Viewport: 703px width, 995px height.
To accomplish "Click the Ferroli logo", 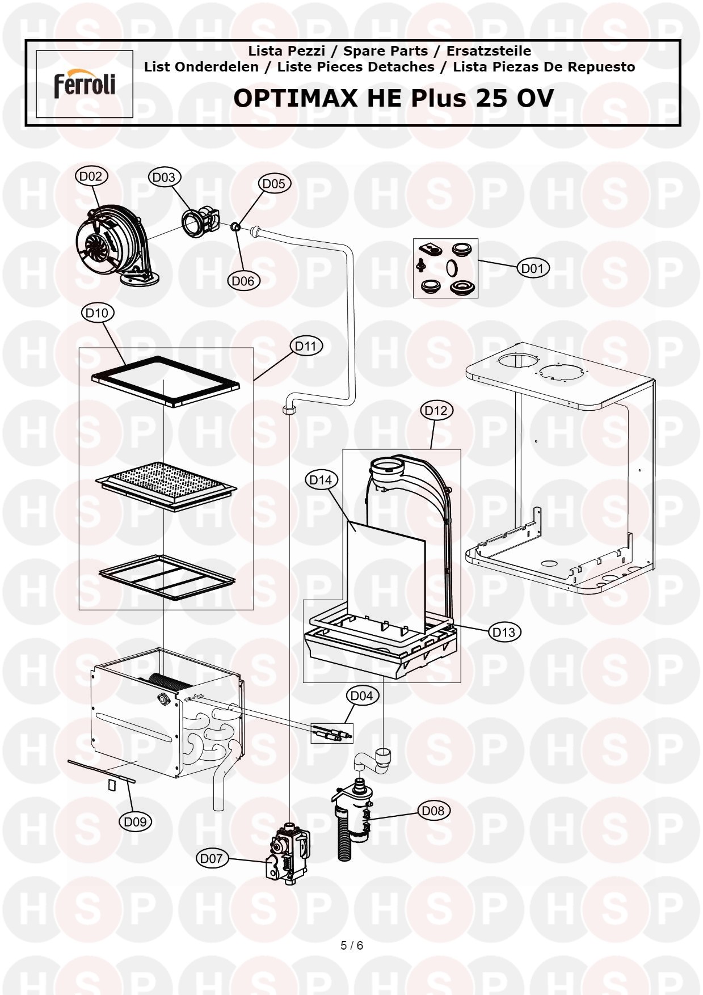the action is coord(85,85).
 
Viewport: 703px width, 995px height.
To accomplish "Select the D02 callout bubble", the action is coord(91,176).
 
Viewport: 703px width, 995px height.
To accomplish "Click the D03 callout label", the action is coord(164,178).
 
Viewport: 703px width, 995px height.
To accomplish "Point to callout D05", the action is coord(275,184).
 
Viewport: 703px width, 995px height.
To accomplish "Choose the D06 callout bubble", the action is coord(243,281).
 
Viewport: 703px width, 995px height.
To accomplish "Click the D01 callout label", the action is coord(533,268).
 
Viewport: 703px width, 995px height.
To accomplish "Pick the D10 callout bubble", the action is coord(98,313).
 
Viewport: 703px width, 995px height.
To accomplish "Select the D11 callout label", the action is coord(306,345).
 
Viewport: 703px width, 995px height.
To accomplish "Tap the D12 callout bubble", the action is coord(436,410).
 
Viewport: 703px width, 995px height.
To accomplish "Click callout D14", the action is coord(321,480).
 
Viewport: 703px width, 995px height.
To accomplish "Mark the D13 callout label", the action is coord(504,632).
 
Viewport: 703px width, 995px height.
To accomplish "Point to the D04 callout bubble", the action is coord(362,695).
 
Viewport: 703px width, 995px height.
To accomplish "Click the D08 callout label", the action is coord(433,811).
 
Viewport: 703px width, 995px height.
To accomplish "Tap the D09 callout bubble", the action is coord(136,821).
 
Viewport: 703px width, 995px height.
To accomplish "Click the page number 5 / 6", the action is coord(352,946).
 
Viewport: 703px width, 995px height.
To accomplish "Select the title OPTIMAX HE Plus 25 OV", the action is coord(393,98).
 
